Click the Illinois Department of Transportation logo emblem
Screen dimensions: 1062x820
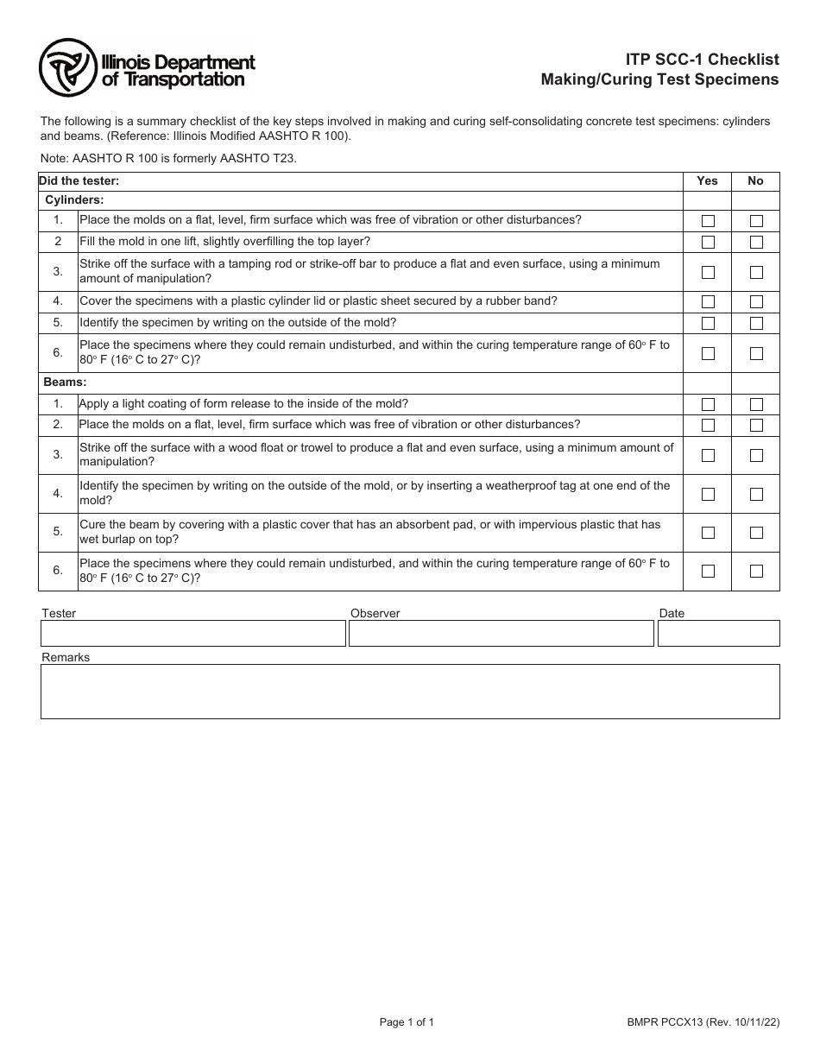(x=68, y=68)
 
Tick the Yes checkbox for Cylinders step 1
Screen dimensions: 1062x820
(x=708, y=221)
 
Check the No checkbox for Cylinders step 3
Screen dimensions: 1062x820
(x=756, y=272)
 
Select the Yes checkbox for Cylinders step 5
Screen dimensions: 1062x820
(x=708, y=324)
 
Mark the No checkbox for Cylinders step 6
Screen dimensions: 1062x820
(x=756, y=353)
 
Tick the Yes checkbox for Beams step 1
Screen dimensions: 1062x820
(x=708, y=405)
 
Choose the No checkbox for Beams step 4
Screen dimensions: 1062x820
(x=756, y=494)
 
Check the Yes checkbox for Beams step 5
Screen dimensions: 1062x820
(x=708, y=533)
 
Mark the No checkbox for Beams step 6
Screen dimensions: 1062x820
(x=756, y=571)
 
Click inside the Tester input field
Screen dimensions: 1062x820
(x=192, y=633)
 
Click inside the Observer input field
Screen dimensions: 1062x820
(x=501, y=633)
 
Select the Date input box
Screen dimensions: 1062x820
(x=718, y=633)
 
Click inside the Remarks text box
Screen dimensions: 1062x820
(x=410, y=691)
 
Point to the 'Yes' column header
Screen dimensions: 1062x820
(x=707, y=181)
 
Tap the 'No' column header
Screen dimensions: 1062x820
(x=755, y=181)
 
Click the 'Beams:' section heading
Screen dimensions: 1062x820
(x=66, y=382)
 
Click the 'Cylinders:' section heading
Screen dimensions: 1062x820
(x=74, y=199)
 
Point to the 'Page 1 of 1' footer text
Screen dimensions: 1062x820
(x=407, y=1022)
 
